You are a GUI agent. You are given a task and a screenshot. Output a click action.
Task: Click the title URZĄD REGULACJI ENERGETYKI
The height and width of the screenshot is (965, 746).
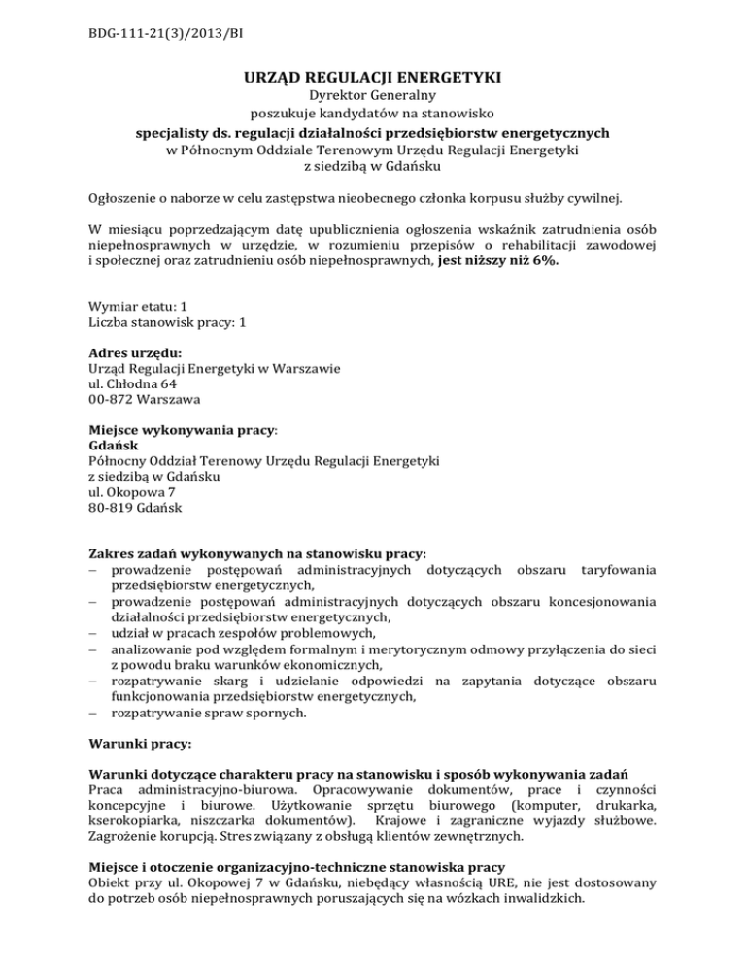click(373, 77)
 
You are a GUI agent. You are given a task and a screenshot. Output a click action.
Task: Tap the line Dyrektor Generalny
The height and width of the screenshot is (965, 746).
click(373, 97)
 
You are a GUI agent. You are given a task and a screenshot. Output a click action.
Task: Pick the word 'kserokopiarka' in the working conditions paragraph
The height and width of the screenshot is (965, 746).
click(133, 817)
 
